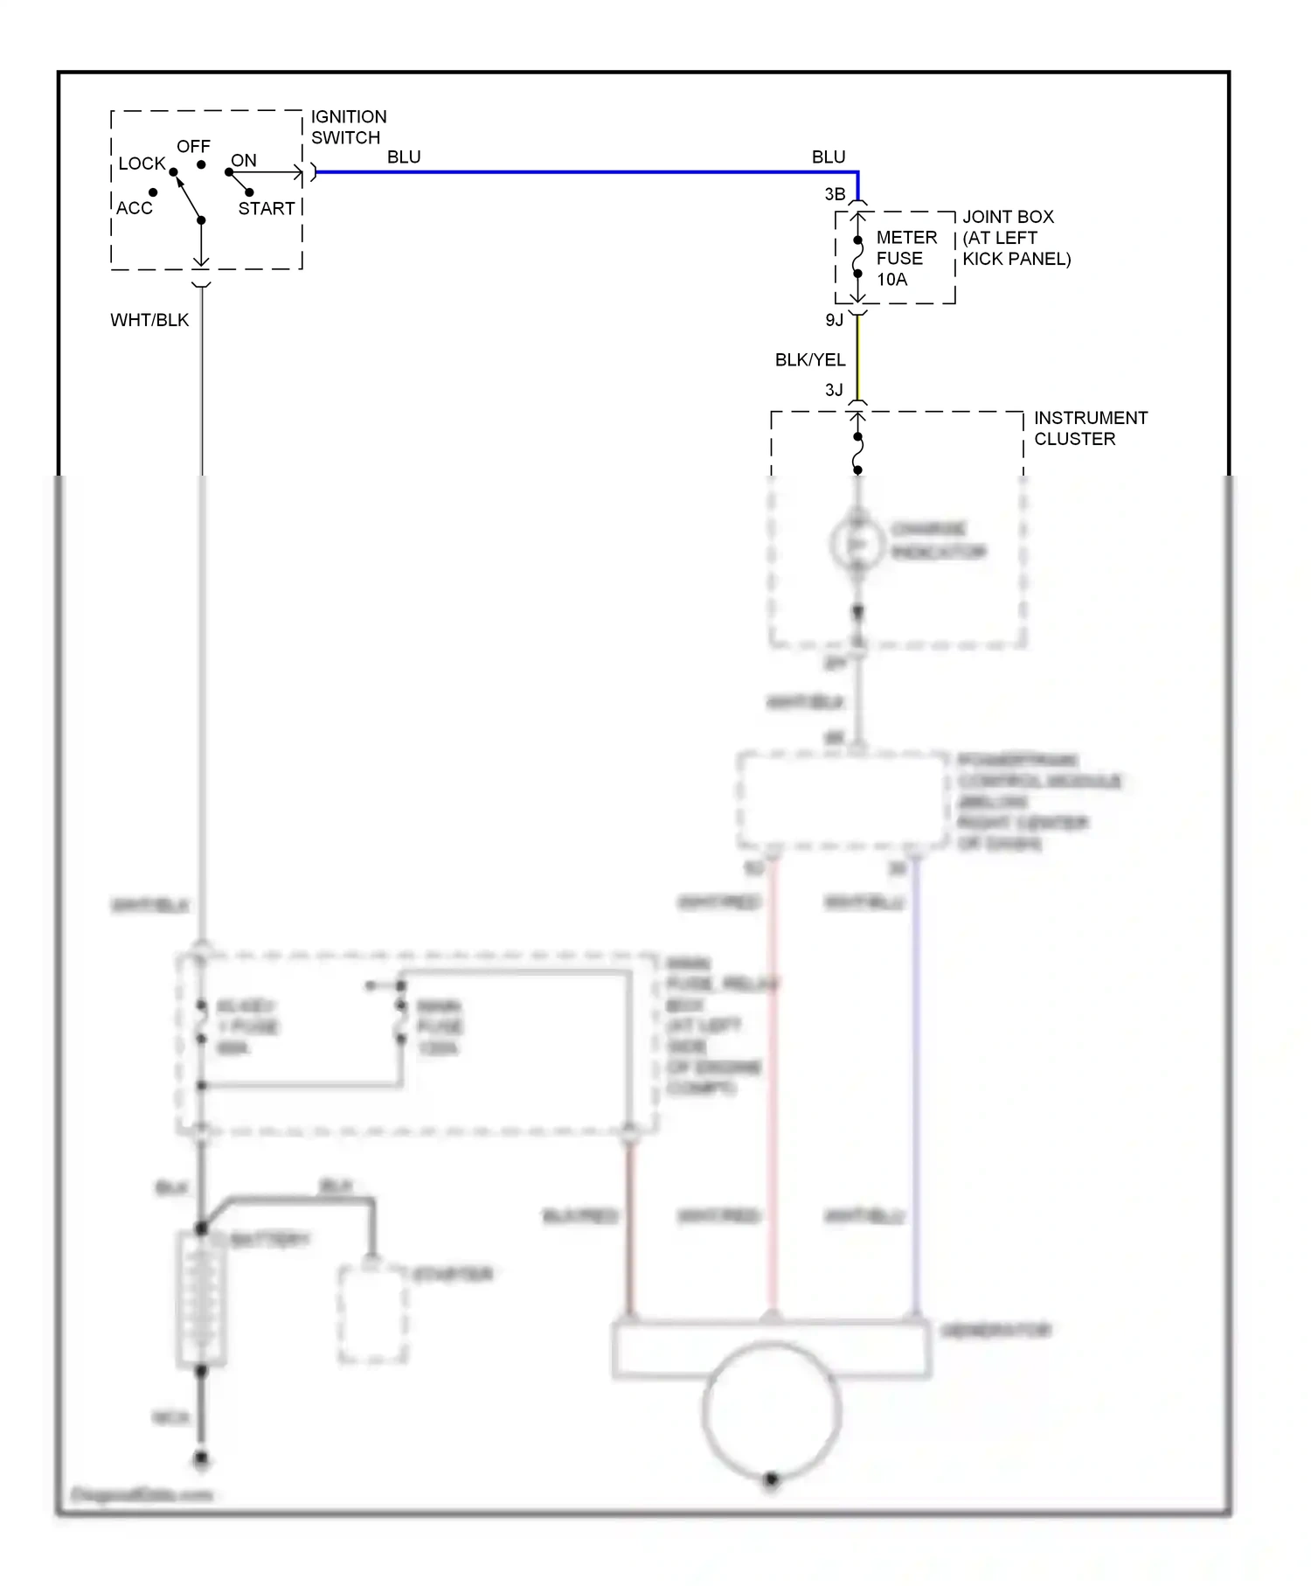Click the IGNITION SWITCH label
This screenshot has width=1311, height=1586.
point(348,128)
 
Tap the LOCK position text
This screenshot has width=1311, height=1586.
point(142,163)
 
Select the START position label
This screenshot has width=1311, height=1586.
point(267,209)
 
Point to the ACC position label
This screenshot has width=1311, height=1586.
point(135,208)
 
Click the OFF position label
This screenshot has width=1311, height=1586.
point(193,146)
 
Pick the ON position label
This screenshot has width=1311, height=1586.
point(244,161)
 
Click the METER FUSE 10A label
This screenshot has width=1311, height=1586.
point(905,259)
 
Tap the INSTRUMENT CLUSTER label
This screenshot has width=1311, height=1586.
point(1090,428)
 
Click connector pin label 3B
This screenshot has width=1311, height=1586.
point(835,194)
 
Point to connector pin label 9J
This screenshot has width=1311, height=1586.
point(835,320)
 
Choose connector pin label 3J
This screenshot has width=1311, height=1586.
point(835,390)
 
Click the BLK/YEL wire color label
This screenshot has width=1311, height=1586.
point(809,360)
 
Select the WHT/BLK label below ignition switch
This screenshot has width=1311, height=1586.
point(149,320)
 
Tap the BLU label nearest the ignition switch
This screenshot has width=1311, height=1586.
point(404,157)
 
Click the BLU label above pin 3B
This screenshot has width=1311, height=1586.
point(829,157)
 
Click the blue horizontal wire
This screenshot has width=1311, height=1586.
point(577,172)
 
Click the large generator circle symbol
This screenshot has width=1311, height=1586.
point(771,1410)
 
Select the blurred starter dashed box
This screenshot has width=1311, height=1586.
point(373,1313)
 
